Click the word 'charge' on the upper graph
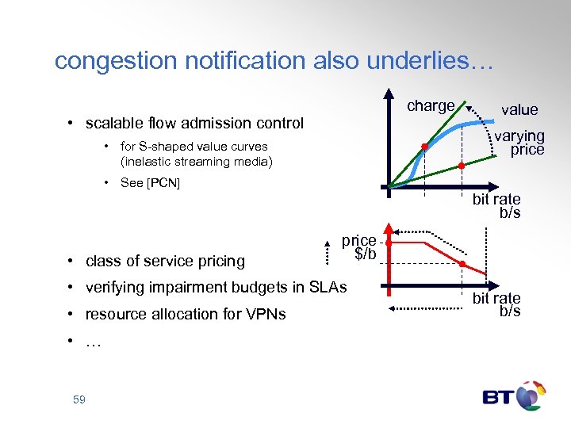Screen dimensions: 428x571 (x=431, y=106)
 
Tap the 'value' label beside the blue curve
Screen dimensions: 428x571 (x=519, y=110)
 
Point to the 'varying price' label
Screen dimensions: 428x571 (x=520, y=143)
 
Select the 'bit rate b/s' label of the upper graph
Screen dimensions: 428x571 (x=496, y=205)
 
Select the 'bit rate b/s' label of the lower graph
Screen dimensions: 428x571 (x=496, y=304)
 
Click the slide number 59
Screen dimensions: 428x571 (x=79, y=400)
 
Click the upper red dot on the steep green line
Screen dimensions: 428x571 (x=425, y=147)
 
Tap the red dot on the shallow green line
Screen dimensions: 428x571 (x=462, y=166)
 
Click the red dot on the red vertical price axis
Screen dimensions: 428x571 (x=389, y=243)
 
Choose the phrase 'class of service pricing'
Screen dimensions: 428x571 (x=165, y=261)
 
